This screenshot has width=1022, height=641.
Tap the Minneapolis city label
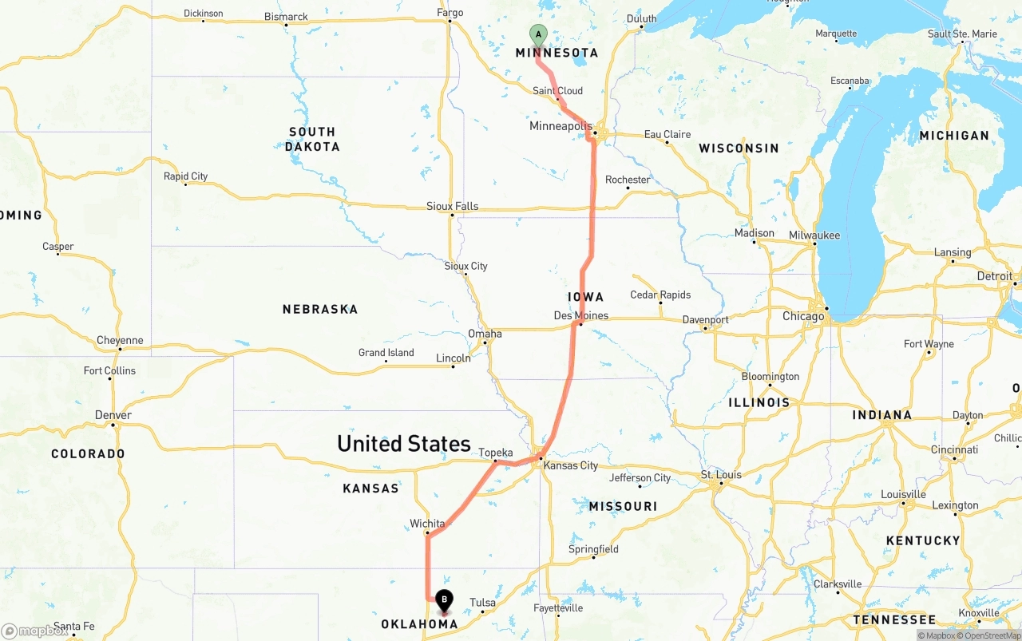pos(561,126)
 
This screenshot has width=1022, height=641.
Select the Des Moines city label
pos(580,315)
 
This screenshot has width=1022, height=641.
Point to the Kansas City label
pos(571,465)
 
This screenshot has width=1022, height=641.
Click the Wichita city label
pos(427,524)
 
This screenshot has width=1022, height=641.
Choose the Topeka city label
pos(495,453)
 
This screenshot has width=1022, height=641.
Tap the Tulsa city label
pos(482,603)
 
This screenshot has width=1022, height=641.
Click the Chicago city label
pos(803,316)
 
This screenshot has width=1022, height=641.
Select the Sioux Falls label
pos(452,206)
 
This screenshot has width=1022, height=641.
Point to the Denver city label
pos(113,415)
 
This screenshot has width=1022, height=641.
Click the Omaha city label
pos(485,334)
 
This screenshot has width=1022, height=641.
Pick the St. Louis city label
pos(721,475)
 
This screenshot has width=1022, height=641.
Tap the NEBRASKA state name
pos(319,309)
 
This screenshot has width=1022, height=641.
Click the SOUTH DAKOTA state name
pos(312,139)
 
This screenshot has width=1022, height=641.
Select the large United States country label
pos(403,444)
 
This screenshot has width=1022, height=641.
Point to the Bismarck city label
pos(286,17)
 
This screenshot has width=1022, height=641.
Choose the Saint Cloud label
pos(557,91)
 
